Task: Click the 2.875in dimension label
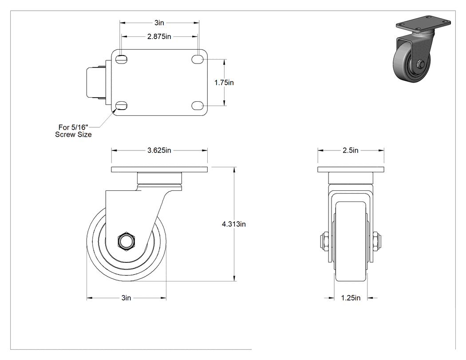point(159,36)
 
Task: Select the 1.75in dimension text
point(224,83)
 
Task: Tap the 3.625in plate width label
point(159,150)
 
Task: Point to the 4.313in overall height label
point(234,224)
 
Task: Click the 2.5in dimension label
point(351,150)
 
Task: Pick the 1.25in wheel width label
point(351,298)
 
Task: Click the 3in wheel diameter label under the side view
point(126,298)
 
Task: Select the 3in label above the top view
point(159,23)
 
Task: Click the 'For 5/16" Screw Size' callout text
point(73,131)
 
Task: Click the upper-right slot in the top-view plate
point(197,59)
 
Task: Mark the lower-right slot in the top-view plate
point(197,105)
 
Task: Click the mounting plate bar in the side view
point(159,170)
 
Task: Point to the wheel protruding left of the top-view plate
point(96,83)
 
